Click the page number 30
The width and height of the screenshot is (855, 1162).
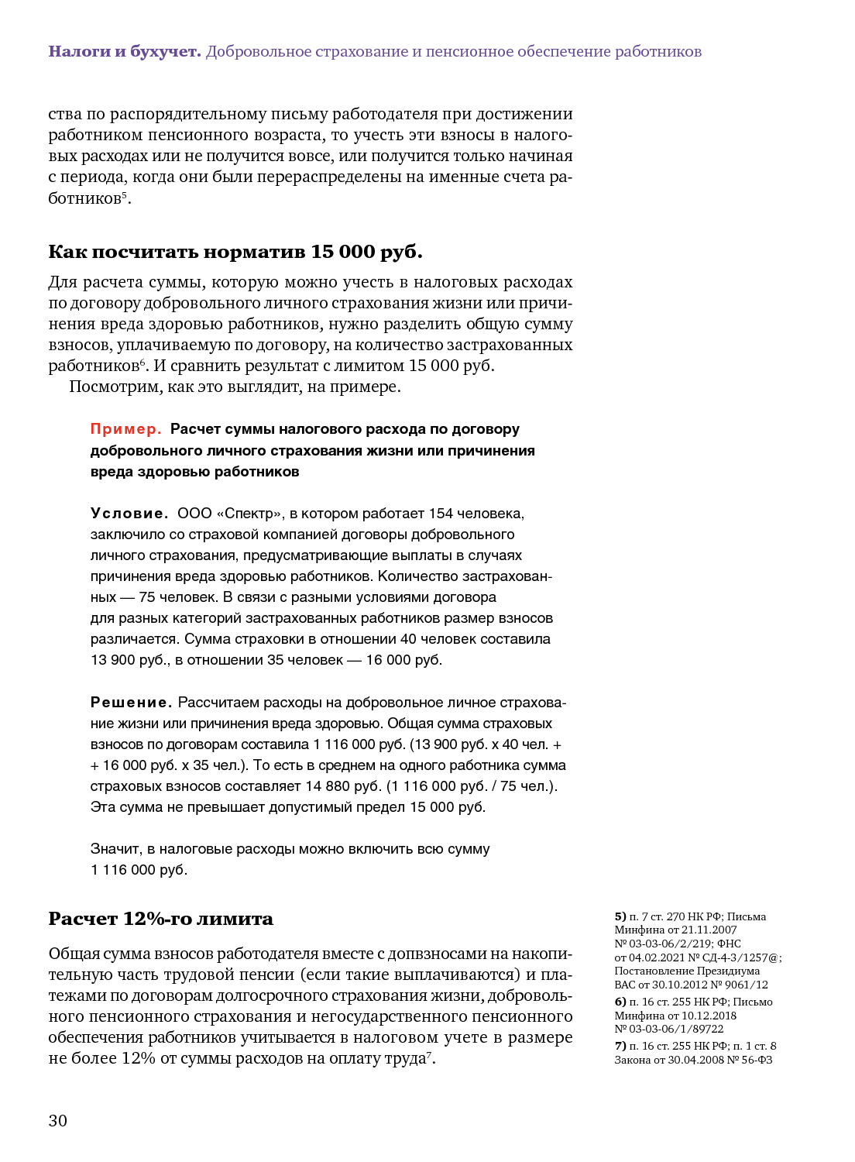[58, 1120]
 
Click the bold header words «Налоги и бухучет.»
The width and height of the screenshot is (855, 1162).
[125, 52]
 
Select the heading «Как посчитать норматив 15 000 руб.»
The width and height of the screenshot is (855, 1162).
[235, 252]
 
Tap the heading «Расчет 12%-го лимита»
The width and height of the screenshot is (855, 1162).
[160, 919]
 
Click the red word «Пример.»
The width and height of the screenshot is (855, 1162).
[126, 429]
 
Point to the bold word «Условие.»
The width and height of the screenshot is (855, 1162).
[129, 514]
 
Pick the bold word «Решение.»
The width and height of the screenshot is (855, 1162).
[131, 703]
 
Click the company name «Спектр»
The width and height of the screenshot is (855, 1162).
[250, 514]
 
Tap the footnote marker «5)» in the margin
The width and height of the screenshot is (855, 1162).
[620, 916]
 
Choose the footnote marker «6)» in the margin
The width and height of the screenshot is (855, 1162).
[620, 1002]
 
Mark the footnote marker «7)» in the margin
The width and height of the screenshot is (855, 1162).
[620, 1046]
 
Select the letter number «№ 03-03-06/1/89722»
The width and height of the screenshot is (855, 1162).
[669, 1029]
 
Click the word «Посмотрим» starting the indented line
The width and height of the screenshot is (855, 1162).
[115, 387]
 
